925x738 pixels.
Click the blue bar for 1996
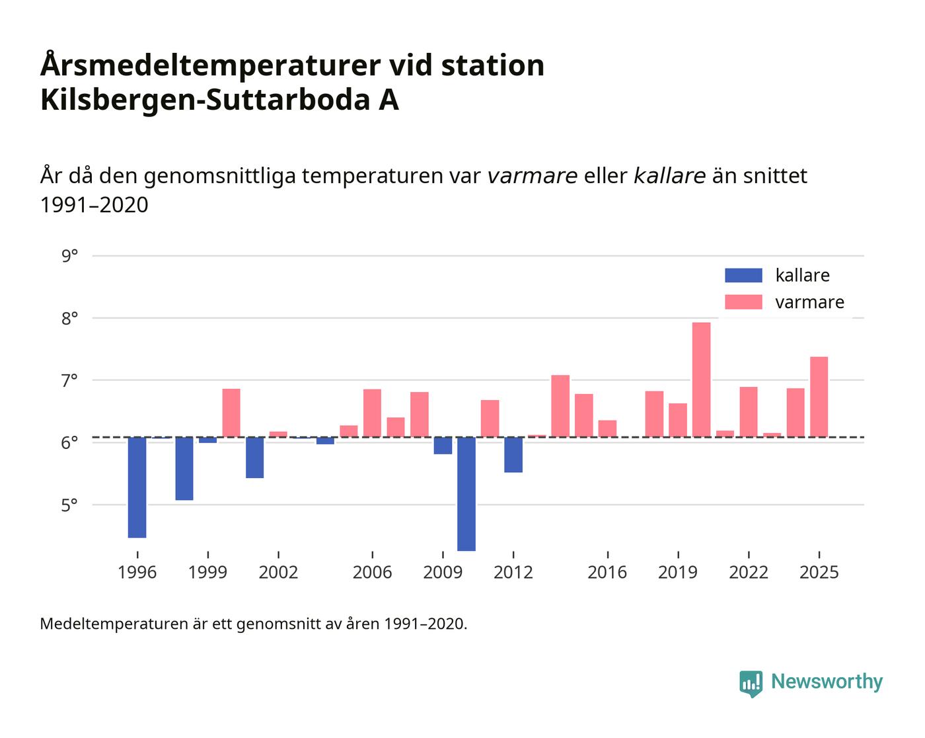click(137, 487)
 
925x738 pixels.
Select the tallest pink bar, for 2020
click(701, 380)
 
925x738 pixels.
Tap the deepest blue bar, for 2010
click(466, 493)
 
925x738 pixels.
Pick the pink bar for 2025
click(819, 397)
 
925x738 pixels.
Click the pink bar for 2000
click(231, 413)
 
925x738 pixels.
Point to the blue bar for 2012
click(513, 455)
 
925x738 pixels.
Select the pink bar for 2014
click(560, 406)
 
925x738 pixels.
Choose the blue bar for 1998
click(184, 468)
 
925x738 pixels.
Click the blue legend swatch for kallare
click(743, 275)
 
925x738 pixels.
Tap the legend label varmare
click(809, 302)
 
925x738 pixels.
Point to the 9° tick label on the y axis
click(69, 255)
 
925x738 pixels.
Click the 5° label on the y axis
click(69, 505)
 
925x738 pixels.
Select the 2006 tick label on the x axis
click(372, 572)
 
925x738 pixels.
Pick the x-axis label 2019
click(677, 572)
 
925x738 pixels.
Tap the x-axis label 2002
click(278, 572)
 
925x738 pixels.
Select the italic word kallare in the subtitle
click(669, 176)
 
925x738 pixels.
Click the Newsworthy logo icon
click(751, 683)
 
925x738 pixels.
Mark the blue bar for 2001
click(254, 458)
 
